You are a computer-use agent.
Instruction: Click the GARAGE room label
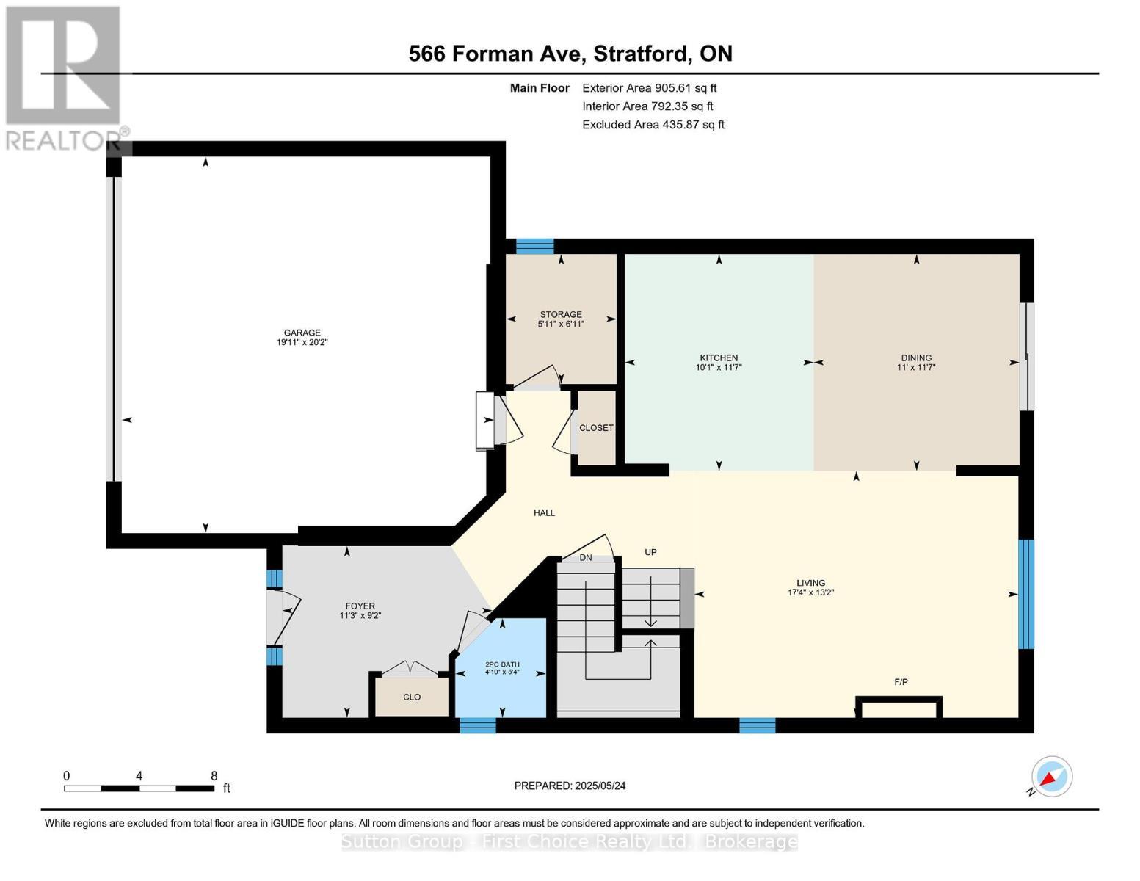click(302, 333)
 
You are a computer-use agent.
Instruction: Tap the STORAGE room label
click(561, 314)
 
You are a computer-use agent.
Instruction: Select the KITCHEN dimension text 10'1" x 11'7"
click(719, 367)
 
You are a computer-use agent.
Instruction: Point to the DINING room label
click(915, 358)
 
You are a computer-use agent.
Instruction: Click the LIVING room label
click(810, 583)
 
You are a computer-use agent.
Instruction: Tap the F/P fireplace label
click(901, 682)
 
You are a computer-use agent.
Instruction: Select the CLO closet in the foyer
click(412, 697)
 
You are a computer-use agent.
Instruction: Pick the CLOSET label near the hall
click(596, 428)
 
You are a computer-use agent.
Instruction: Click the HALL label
click(544, 513)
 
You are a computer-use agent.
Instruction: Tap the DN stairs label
click(585, 558)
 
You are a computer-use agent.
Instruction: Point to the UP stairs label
click(650, 552)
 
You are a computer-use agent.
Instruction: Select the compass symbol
click(1051, 777)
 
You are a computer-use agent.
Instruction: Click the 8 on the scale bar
click(214, 775)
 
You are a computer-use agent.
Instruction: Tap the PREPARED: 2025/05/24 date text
click(570, 786)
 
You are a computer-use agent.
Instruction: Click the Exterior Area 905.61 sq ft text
click(649, 88)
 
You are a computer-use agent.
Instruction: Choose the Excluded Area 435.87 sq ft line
click(653, 125)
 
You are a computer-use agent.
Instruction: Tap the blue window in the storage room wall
click(534, 247)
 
